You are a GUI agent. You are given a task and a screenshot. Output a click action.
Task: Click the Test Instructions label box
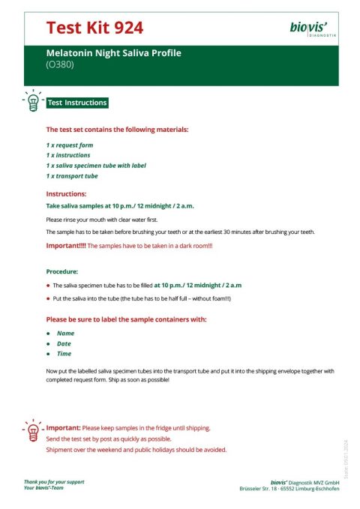(77, 103)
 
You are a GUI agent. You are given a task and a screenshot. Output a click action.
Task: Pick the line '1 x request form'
(70, 145)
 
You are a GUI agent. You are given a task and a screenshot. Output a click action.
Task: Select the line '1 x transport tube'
(72, 176)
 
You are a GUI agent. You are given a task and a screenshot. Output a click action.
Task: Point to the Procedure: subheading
(64, 271)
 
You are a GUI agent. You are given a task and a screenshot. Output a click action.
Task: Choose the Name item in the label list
(65, 333)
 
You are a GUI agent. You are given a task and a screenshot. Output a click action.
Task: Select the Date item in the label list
(64, 343)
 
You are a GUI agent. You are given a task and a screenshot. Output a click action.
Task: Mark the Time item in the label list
(64, 354)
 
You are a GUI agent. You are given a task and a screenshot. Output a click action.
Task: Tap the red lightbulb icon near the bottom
(33, 430)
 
